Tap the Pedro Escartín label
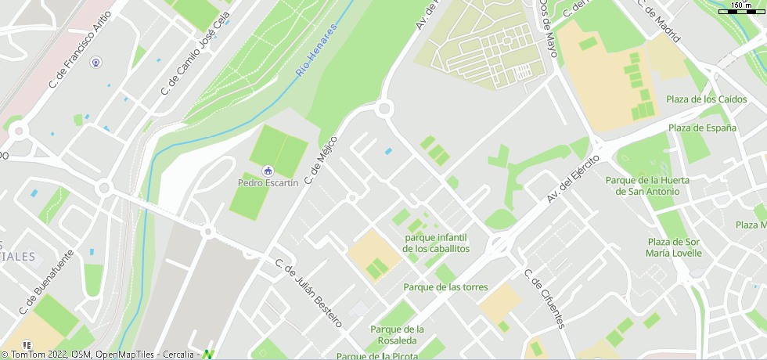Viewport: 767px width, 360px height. click(x=268, y=183)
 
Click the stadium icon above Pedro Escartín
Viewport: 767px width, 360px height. click(x=268, y=171)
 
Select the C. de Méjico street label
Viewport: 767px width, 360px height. click(x=320, y=160)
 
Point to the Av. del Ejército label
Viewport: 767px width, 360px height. click(x=573, y=179)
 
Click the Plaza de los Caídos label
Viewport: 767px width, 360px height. click(x=706, y=99)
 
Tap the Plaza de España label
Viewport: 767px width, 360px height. click(x=702, y=128)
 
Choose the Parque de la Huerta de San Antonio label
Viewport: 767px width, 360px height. click(x=647, y=185)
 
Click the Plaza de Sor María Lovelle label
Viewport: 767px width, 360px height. click(x=674, y=247)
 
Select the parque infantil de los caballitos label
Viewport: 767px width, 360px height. click(x=437, y=243)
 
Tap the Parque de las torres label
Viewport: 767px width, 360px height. click(x=445, y=287)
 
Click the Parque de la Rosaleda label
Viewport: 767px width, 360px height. click(x=397, y=334)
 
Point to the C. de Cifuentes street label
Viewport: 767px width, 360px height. click(x=544, y=298)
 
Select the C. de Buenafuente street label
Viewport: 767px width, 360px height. click(x=50, y=279)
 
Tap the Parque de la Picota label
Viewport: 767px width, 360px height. click(x=376, y=356)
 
